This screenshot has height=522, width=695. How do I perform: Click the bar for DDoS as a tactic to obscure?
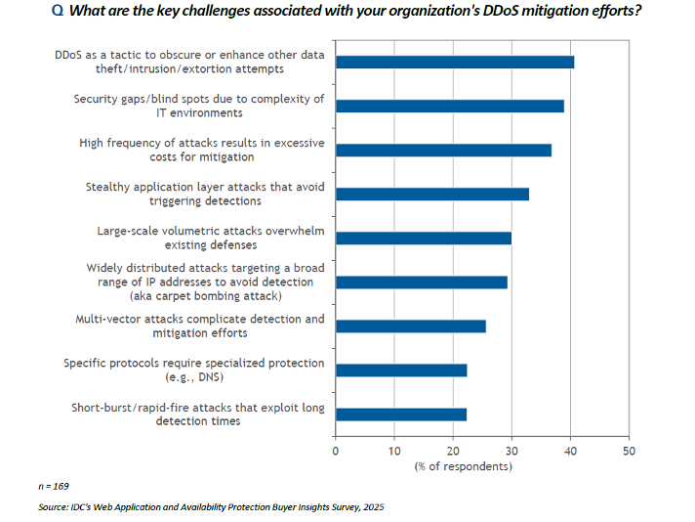pyautogui.click(x=454, y=62)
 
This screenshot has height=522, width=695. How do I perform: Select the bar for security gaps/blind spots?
pyautogui.click(x=449, y=106)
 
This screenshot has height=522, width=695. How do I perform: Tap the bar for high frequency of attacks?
pyautogui.click(x=443, y=150)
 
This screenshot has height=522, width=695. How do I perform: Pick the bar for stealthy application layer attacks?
pyautogui.click(x=431, y=194)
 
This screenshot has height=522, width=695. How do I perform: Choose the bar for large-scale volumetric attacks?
pyautogui.click(x=423, y=238)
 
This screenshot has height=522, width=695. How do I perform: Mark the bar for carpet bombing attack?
pyautogui.click(x=421, y=282)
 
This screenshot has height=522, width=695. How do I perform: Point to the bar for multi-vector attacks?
pyautogui.click(x=410, y=326)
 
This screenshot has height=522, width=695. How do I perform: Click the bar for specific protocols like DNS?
pyautogui.click(x=401, y=370)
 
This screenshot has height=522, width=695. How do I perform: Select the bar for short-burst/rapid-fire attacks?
pyautogui.click(x=400, y=413)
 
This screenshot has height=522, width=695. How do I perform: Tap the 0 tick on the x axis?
pyautogui.click(x=336, y=451)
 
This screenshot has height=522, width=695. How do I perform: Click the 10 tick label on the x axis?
pyautogui.click(x=394, y=451)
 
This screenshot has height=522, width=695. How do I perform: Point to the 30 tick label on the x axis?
pyautogui.click(x=511, y=451)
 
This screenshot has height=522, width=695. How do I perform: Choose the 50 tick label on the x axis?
pyautogui.click(x=629, y=451)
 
